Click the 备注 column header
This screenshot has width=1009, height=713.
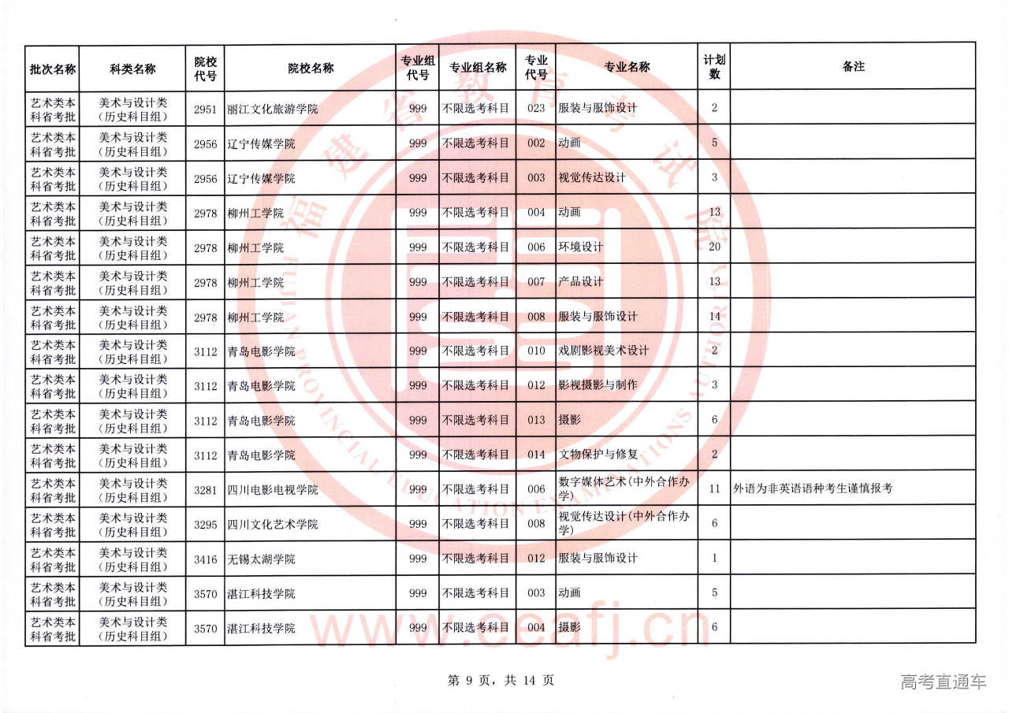pyautogui.click(x=853, y=67)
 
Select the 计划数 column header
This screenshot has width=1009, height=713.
pyautogui.click(x=714, y=67)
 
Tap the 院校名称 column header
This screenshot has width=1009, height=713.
pyautogui.click(x=310, y=68)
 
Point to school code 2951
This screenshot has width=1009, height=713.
pyautogui.click(x=205, y=109)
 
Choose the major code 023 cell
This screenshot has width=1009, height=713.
pyautogui.click(x=536, y=108)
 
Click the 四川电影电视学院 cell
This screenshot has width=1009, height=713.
pyautogui.click(x=272, y=489)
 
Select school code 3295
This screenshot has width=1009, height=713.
pyautogui.click(x=205, y=524)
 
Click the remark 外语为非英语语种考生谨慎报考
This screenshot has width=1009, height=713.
pyautogui.click(x=813, y=488)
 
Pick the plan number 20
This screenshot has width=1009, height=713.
pyautogui.click(x=714, y=247)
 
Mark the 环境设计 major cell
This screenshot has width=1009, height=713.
pyautogui.click(x=581, y=247)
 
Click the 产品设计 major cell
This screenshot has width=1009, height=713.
pyautogui.click(x=581, y=281)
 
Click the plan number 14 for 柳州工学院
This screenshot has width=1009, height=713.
pyautogui.click(x=714, y=316)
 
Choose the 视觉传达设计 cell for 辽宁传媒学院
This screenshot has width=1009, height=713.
pyautogui.click(x=592, y=177)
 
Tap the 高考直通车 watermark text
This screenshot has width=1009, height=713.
pyautogui.click(x=943, y=681)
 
